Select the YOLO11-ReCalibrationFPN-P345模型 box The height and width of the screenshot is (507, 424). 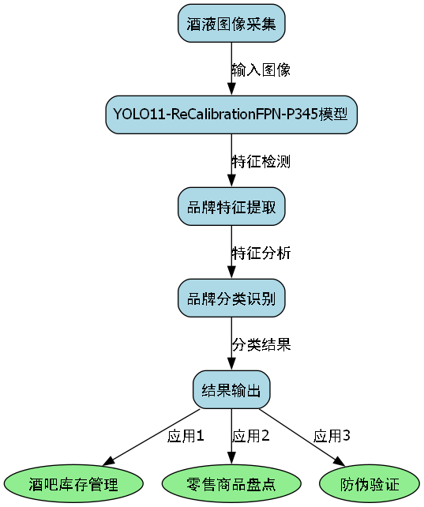point(231,115)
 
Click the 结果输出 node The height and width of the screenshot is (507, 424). point(231,389)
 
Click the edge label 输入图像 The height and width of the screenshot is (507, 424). point(261,69)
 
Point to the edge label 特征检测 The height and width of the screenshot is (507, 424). point(261,161)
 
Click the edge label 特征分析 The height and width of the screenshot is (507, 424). point(261,253)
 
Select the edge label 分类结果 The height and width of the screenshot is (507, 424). point(261,344)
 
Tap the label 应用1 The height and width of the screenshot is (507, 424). point(186,435)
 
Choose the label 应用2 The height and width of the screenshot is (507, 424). point(251,435)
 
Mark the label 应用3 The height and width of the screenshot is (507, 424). point(332,435)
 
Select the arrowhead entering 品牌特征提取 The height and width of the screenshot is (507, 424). point(231,182)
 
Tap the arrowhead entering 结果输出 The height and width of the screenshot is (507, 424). point(231,365)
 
